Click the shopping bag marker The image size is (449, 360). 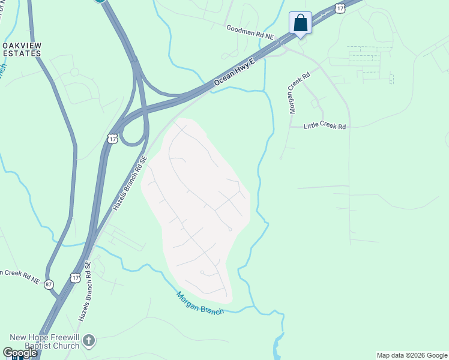300,23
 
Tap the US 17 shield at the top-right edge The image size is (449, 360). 340,8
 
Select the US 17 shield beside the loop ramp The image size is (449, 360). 112,139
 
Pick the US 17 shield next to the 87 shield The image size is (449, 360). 74,277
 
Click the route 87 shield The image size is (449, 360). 49,284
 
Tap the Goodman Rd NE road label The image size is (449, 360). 250,32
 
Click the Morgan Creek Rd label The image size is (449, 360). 299,93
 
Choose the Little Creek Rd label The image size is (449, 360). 325,127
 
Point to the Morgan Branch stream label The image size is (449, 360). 200,304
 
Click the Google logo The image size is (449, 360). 20,353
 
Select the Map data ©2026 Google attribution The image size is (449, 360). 412,355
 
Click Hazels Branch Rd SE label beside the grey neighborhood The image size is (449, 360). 130,183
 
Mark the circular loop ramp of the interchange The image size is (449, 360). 133,129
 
